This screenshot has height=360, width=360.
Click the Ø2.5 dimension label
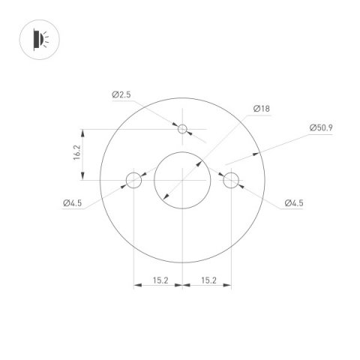pos(122,94)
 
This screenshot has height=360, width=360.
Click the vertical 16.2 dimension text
pos(76,154)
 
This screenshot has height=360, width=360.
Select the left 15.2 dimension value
pos(160,280)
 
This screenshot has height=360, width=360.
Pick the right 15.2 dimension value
pos(208,280)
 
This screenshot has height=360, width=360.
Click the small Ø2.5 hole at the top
pos(181,129)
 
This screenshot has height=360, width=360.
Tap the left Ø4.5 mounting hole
pos(133,180)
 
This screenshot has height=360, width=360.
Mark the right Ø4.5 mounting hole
pos(230,180)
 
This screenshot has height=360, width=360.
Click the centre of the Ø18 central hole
pos(182,180)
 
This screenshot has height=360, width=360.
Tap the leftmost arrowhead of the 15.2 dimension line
pos(136,285)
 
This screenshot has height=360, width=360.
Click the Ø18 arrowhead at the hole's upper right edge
pos(200,160)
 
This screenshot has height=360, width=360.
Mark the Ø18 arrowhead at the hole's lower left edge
pos(165,198)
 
